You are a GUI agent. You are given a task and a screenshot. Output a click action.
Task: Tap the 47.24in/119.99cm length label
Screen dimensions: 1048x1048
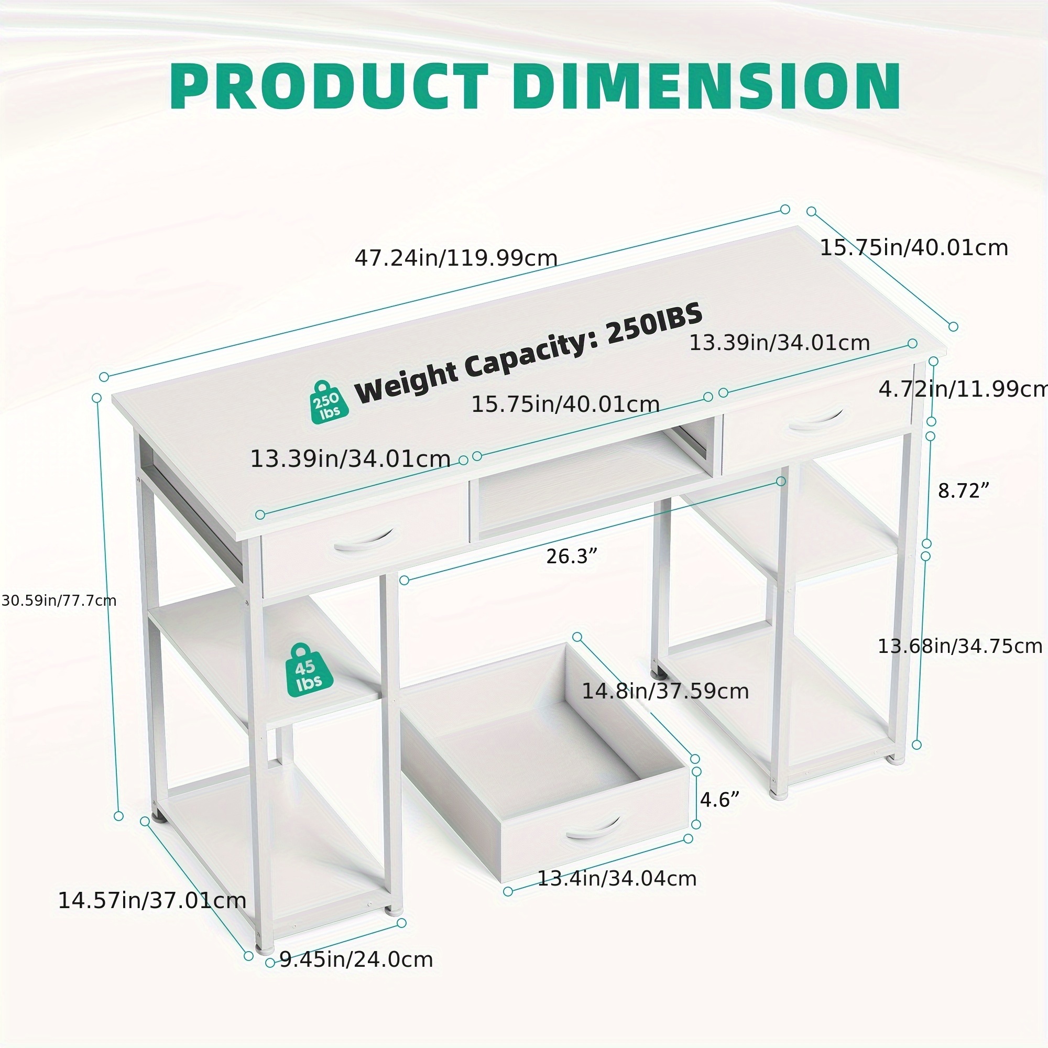pos(456,258)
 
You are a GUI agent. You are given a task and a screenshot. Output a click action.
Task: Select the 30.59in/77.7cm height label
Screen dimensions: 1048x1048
pos(59,601)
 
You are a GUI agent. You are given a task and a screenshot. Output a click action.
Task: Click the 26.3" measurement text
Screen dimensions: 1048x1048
pos(571,556)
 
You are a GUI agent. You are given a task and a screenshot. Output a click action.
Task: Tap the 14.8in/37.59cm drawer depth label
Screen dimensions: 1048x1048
pos(665,691)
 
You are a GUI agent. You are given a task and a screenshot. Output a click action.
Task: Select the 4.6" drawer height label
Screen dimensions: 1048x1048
pos(719,800)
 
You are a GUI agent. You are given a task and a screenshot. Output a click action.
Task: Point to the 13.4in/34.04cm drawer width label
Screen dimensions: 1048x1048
pos(617,878)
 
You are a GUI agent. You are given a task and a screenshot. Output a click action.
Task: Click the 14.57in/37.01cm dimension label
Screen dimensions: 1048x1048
pos(152,900)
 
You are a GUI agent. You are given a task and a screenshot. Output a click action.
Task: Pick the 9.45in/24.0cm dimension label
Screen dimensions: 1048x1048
pos(356,959)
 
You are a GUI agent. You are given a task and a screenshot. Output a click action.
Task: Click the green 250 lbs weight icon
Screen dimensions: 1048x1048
pos(328,402)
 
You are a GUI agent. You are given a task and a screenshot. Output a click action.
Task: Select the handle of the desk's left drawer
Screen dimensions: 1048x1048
pos(364,540)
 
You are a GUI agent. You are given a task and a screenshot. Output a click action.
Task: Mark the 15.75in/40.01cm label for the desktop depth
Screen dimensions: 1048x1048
pos(913,247)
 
